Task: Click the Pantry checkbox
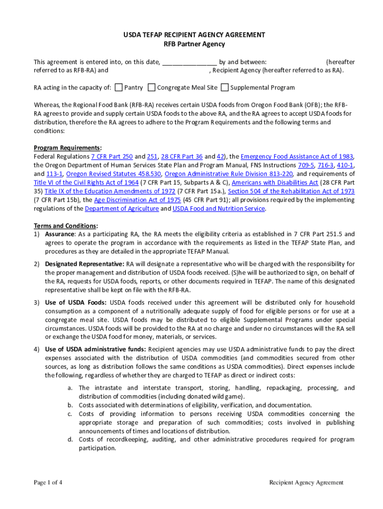118,87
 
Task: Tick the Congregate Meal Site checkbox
152,87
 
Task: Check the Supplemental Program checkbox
225,87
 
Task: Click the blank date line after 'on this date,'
189,63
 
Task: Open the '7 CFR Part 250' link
112,156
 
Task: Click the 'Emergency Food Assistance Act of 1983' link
297,156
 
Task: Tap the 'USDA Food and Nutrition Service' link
218,209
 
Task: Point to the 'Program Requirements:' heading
68,148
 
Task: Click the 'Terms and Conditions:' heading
66,225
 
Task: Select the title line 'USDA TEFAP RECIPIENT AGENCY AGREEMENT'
194,35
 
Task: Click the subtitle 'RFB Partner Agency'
194,44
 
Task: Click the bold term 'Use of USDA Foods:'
76,303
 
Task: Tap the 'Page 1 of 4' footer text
48,482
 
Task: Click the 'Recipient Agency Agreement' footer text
306,482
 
